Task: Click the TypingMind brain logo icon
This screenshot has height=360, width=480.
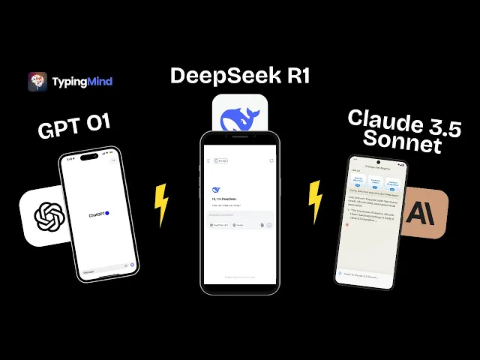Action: (37, 81)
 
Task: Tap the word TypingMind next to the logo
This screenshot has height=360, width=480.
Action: (82, 81)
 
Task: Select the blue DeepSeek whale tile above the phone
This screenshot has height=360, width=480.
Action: (239, 115)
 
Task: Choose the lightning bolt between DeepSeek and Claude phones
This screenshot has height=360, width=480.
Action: (315, 201)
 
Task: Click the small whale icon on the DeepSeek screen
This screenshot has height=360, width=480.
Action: (217, 190)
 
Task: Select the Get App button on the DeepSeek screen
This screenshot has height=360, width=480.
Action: (223, 160)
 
